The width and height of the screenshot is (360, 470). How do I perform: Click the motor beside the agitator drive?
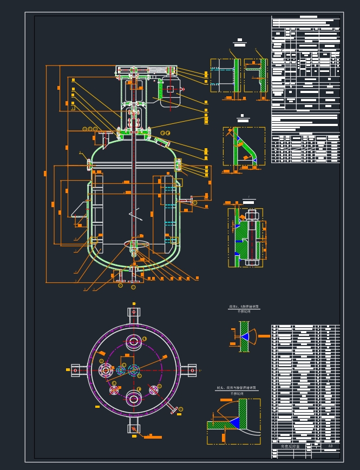(170, 89)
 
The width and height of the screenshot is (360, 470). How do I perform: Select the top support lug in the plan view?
(133, 312)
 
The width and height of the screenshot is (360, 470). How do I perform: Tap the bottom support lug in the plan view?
(133, 429)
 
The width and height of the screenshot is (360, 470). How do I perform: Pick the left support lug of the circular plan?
(75, 370)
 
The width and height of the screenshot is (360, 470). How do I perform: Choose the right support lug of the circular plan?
(191, 370)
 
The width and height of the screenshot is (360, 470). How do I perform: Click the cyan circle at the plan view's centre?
(133, 370)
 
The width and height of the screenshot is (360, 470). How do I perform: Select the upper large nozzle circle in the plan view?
(133, 342)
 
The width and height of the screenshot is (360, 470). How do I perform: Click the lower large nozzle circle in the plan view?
(133, 400)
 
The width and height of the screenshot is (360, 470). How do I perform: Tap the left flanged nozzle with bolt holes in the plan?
(105, 370)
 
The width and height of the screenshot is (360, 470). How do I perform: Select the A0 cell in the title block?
(331, 447)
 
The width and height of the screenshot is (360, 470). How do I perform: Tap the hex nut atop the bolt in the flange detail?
(251, 215)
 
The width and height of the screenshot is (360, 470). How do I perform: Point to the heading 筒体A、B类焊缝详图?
(243, 307)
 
